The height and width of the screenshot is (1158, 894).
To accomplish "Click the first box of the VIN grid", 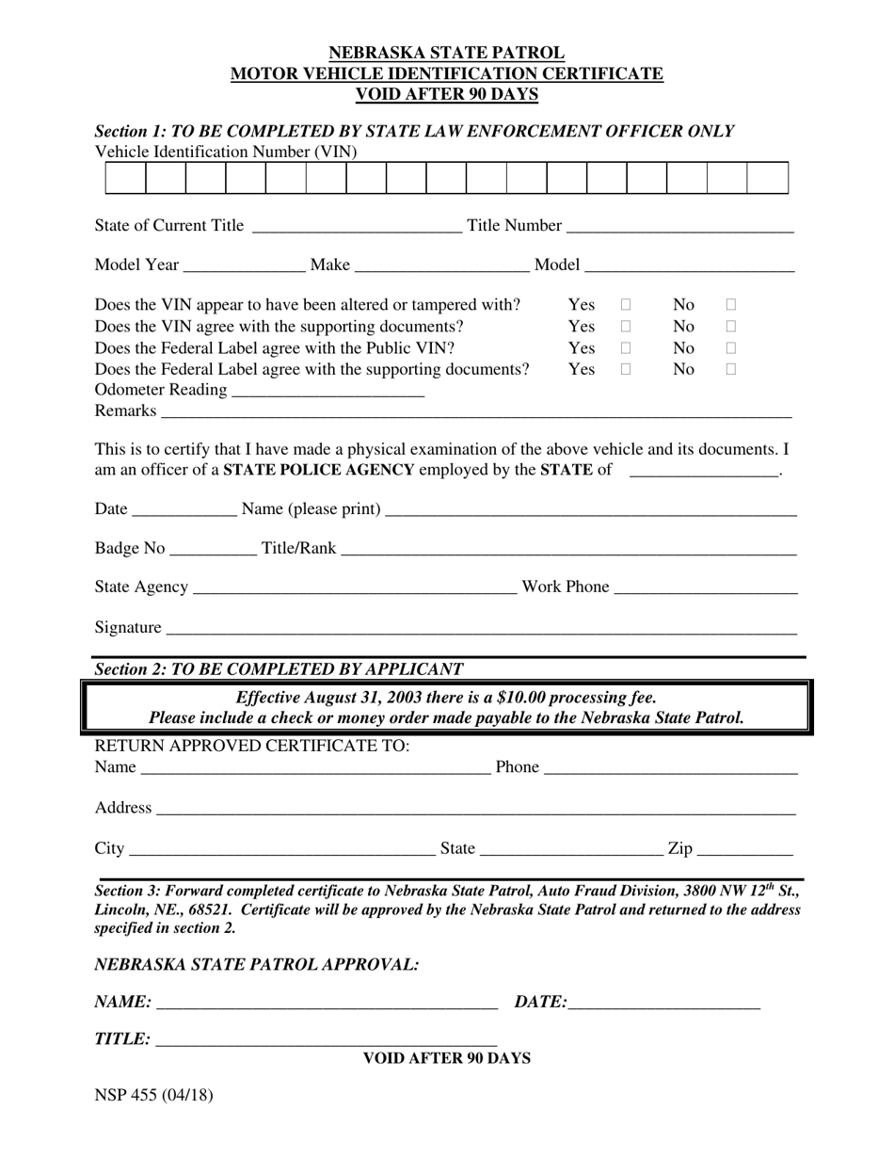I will (x=125, y=178).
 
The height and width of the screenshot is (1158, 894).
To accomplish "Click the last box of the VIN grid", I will (x=767, y=178).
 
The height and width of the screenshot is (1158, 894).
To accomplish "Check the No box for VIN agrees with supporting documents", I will (x=731, y=327).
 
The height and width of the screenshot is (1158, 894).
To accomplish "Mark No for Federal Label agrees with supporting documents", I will (x=731, y=370).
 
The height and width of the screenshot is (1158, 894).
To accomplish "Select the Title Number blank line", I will (x=680, y=227).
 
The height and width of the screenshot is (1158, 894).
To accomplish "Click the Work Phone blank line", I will (x=706, y=588).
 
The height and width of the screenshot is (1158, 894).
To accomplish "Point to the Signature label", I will (x=128, y=627).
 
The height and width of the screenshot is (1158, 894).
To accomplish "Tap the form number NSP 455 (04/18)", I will (x=153, y=1095).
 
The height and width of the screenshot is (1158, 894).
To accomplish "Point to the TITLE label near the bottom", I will (x=122, y=1039).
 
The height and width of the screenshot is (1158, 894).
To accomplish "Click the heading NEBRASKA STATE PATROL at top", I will (x=447, y=54).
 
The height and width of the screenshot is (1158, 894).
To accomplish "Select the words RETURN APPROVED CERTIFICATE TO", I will (x=252, y=746).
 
